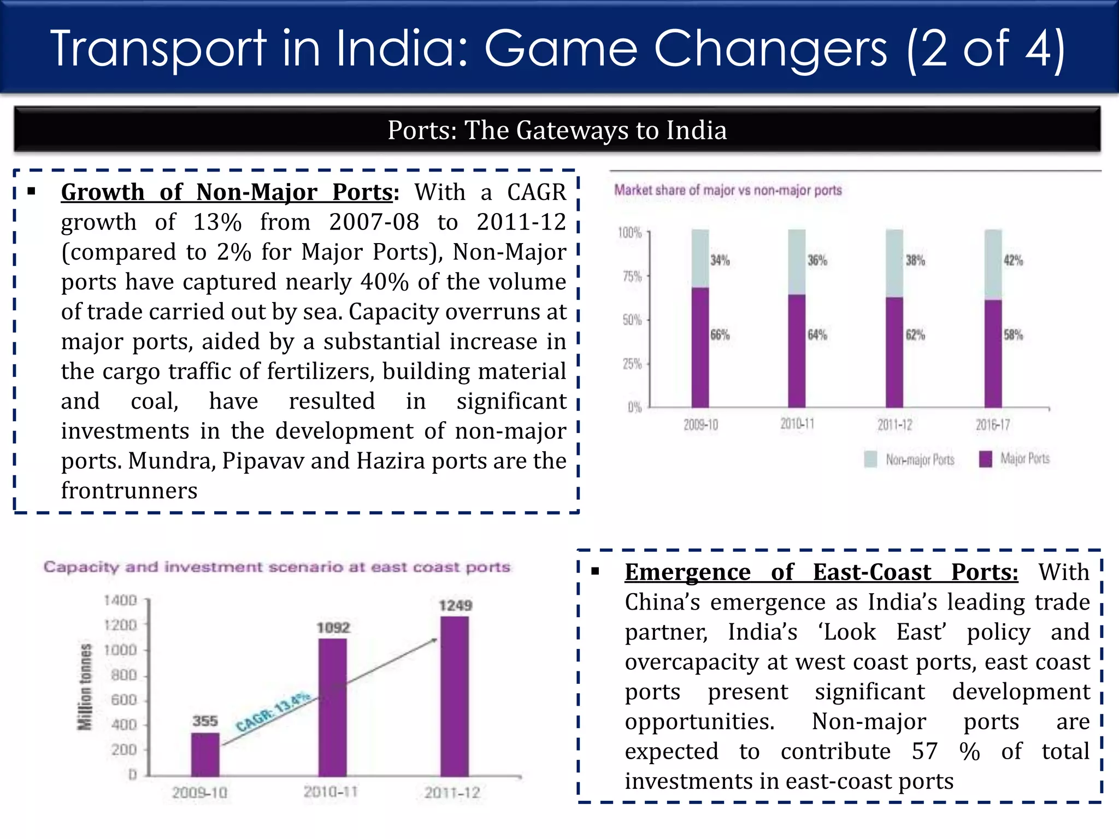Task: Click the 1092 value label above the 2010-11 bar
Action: [333, 628]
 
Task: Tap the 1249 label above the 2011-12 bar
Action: [455, 605]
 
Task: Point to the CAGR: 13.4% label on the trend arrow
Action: [273, 712]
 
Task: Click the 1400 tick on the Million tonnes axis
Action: [120, 600]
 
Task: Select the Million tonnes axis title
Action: [85, 687]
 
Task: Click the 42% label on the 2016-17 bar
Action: [1013, 261]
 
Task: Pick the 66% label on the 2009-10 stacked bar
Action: [720, 335]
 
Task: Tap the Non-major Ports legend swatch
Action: [870, 459]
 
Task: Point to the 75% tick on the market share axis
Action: [632, 276]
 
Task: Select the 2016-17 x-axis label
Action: [993, 424]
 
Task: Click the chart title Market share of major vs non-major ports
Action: [728, 190]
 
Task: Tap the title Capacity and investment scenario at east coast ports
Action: [277, 567]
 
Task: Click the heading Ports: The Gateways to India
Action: [557, 130]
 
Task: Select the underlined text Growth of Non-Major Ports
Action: [227, 192]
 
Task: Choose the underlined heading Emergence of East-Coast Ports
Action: [821, 572]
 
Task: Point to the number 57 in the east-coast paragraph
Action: [924, 751]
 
